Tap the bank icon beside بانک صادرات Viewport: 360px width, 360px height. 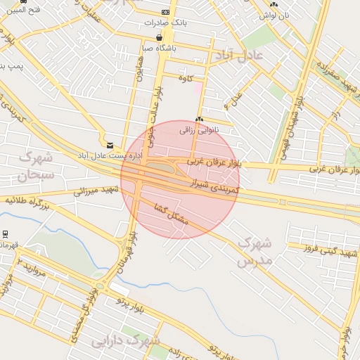click(x=165, y=12)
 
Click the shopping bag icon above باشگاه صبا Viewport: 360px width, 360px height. click(x=160, y=37)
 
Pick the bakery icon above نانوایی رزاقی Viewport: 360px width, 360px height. click(x=200, y=120)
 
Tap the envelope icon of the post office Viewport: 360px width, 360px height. click(x=109, y=146)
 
